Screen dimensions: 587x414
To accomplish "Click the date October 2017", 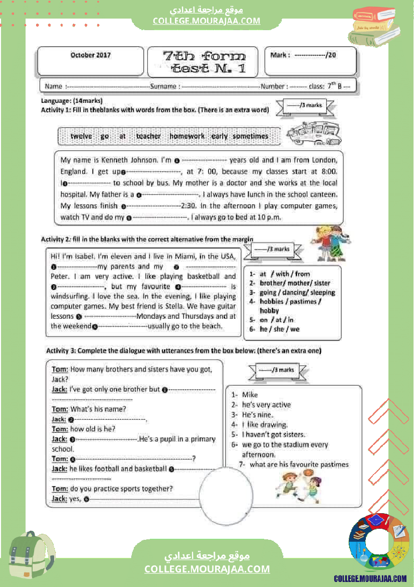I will [x=91, y=55].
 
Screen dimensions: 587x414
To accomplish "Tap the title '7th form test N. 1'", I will [x=204, y=62].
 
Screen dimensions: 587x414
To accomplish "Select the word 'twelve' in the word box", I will [x=81, y=136].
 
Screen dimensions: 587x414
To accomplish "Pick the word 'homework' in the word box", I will [x=187, y=136].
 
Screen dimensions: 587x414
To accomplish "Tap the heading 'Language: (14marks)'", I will [x=72, y=101].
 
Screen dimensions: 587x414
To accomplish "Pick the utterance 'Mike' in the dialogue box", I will [x=250, y=395].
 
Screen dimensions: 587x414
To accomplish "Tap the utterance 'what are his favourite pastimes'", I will [x=299, y=464].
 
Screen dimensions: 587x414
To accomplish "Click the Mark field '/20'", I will [x=331, y=55].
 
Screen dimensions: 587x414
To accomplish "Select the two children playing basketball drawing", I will [x=299, y=486].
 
